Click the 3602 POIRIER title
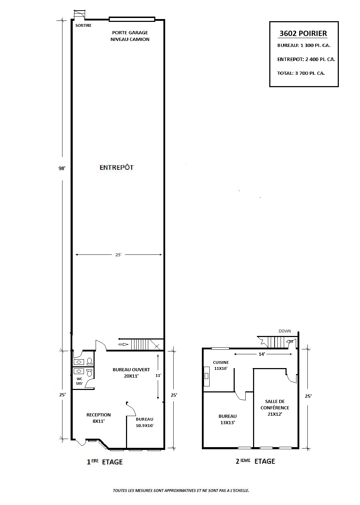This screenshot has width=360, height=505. [303, 34]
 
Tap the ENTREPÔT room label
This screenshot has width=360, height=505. [116, 168]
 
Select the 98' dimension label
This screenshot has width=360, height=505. [62, 168]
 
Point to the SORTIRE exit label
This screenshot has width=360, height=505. [83, 25]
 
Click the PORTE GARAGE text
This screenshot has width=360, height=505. [130, 33]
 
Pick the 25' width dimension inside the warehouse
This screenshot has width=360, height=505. [118, 255]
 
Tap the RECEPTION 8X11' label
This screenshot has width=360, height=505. [98, 418]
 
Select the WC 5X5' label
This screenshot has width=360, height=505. [79, 381]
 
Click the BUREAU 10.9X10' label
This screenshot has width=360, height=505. [144, 422]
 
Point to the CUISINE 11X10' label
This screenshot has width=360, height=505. [221, 365]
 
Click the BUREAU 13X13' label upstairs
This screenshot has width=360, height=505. [227, 419]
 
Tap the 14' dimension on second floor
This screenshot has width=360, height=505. [262, 354]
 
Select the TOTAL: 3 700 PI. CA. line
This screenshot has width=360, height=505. [301, 73]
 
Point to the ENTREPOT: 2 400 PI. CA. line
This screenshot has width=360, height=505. [306, 59]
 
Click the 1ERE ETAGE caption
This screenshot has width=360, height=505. [104, 462]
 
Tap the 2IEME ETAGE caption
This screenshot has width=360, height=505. [256, 461]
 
